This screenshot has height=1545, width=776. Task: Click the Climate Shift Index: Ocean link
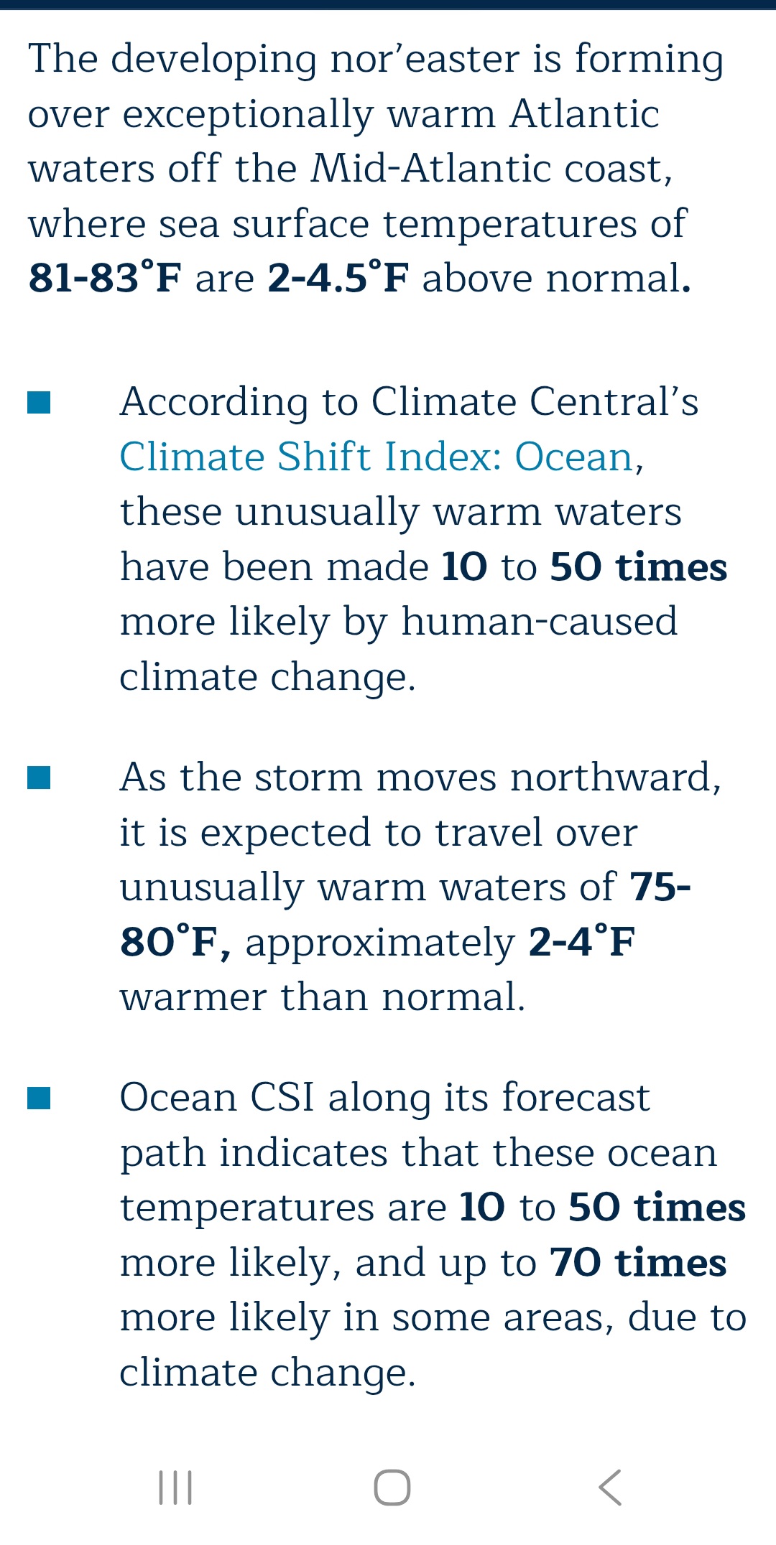click(x=376, y=457)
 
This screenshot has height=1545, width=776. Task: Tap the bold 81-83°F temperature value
click(x=105, y=278)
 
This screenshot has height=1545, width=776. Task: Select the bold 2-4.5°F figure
click(x=338, y=278)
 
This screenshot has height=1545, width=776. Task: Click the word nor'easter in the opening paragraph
click(x=425, y=59)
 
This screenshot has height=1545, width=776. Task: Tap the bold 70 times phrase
click(x=638, y=1263)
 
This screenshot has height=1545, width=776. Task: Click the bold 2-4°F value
click(x=582, y=942)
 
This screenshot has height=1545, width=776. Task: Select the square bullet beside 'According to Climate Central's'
click(x=39, y=403)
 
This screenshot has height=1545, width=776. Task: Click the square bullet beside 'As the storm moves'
click(x=39, y=778)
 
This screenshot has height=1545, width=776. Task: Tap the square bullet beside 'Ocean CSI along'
click(x=39, y=1098)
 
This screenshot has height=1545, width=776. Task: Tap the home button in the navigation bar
click(x=392, y=1488)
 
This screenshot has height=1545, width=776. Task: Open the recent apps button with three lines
click(x=175, y=1488)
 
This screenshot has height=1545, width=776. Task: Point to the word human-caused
click(x=540, y=622)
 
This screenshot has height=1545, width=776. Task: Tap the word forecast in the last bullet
click(x=576, y=1098)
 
